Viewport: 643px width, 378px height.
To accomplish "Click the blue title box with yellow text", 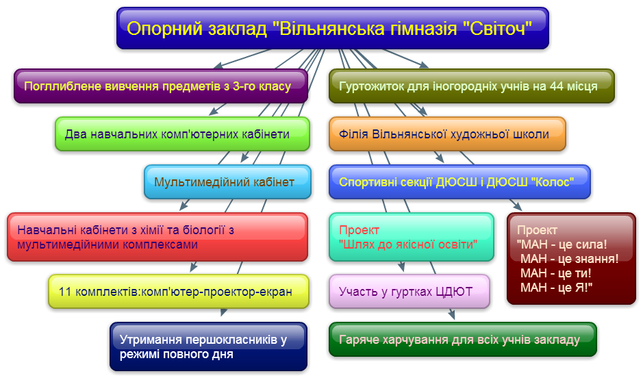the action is [x=333, y=28].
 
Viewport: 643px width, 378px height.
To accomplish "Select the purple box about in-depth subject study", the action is [x=161, y=86].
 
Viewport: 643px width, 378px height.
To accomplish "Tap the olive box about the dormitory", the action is [x=472, y=86].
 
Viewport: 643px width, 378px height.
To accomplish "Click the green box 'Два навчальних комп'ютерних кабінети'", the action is [x=182, y=134].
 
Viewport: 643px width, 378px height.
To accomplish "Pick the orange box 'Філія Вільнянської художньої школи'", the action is [x=447, y=134].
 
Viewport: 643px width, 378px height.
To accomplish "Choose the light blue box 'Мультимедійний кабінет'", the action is [x=227, y=182].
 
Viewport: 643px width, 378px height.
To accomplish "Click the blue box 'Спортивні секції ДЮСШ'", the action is [x=459, y=182].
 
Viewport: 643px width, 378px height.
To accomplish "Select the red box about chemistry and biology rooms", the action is [x=157, y=237].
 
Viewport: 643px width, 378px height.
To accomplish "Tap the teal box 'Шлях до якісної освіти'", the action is [x=412, y=237].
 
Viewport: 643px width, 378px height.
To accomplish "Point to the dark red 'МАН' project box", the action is [x=571, y=259].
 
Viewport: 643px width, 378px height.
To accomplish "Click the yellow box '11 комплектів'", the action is [x=179, y=292].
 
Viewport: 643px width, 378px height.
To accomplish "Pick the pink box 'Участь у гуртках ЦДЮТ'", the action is [x=409, y=292].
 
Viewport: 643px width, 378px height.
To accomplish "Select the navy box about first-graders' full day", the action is [x=208, y=346].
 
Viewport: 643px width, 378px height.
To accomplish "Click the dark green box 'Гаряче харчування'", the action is [x=463, y=340].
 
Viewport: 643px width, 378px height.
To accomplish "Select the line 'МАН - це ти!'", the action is [x=555, y=273].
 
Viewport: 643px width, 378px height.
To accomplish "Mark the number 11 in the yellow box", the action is [x=65, y=292].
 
